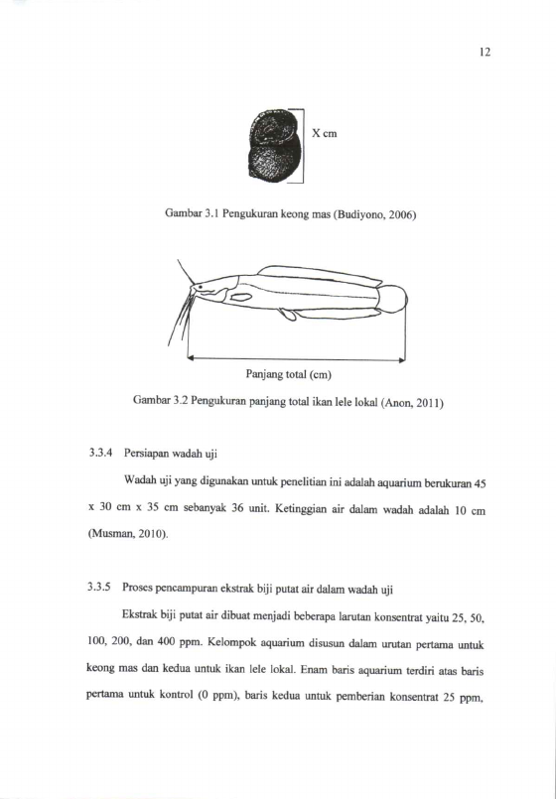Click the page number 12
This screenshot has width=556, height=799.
coord(485,52)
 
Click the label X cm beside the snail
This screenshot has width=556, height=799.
coord(324,134)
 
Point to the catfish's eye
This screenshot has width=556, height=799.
coord(200,287)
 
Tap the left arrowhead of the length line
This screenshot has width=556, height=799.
coord(191,358)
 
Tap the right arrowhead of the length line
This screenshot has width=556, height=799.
coord(402,359)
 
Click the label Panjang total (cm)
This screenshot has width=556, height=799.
coord(289,375)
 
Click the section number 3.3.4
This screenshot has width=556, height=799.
coord(100,453)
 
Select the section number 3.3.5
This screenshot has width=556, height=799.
coord(99,590)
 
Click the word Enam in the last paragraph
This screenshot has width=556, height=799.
coord(311,671)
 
